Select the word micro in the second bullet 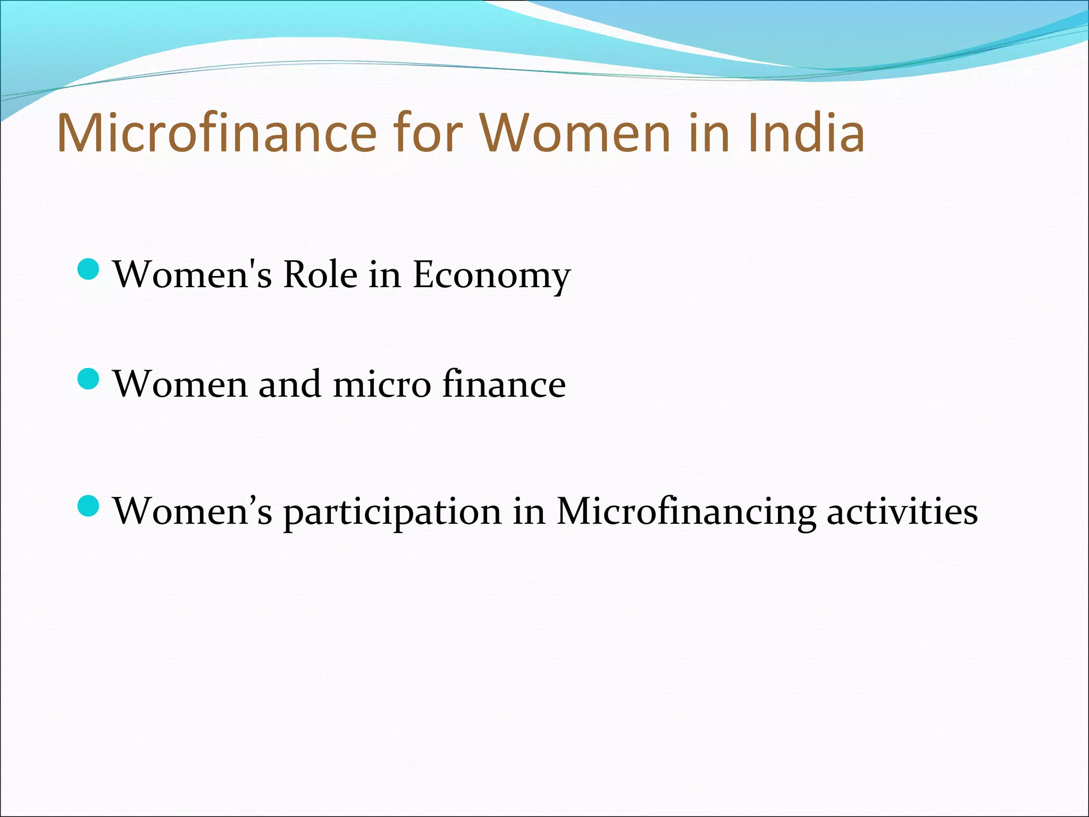coord(381,384)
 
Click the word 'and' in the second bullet coord(289,384)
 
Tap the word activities coord(902,511)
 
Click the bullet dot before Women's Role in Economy coord(88,269)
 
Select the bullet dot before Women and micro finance coord(88,379)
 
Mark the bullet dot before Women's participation coord(88,506)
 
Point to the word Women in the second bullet coord(180,384)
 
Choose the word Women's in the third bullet coord(192,511)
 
